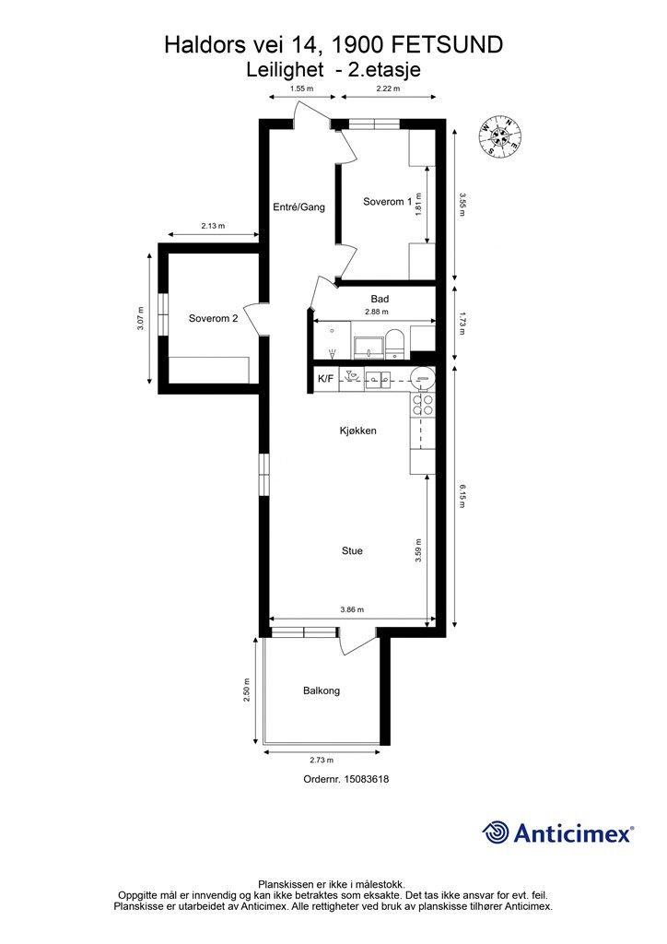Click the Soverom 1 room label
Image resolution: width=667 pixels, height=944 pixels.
pyautogui.click(x=387, y=202)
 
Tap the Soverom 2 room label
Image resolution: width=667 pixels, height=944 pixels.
pyautogui.click(x=213, y=318)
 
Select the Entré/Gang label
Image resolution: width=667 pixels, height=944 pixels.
pyautogui.click(x=298, y=207)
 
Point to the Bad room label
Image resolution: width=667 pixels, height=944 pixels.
pyautogui.click(x=380, y=299)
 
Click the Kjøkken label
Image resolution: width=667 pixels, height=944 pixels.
pyautogui.click(x=357, y=431)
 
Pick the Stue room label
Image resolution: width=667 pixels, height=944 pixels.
pyautogui.click(x=352, y=550)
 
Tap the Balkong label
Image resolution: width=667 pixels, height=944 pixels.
pyautogui.click(x=322, y=690)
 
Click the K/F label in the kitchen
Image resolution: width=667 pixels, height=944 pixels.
pyautogui.click(x=325, y=379)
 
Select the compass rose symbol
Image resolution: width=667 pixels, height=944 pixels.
pyautogui.click(x=500, y=136)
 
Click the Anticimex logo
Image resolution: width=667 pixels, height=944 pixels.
pyautogui.click(x=557, y=833)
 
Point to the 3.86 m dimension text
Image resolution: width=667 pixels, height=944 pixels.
pyautogui.click(x=352, y=609)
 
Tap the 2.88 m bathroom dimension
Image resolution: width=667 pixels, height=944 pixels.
pyautogui.click(x=377, y=312)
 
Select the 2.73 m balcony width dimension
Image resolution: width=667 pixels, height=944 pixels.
pyautogui.click(x=322, y=760)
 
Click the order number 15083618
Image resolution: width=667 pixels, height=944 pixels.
pyautogui.click(x=367, y=779)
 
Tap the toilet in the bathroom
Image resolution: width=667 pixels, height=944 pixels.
pyautogui.click(x=394, y=344)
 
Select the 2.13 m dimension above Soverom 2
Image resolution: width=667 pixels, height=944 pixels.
pyautogui.click(x=213, y=227)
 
